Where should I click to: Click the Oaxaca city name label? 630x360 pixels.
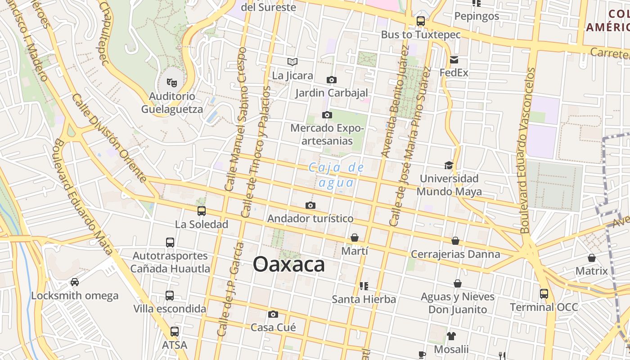(x=288, y=264)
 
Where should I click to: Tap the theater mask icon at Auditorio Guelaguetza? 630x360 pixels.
(x=171, y=82)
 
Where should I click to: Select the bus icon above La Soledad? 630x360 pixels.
(x=201, y=211)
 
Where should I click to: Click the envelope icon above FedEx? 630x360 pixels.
(x=454, y=59)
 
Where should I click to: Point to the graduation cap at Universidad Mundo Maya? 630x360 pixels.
(x=449, y=165)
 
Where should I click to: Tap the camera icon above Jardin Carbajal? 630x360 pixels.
(x=331, y=80)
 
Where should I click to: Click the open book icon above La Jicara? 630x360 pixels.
(x=292, y=62)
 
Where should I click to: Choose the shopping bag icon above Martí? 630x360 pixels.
(x=355, y=238)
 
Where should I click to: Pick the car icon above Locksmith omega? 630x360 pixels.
(x=75, y=282)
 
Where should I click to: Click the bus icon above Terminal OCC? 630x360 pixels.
(x=544, y=294)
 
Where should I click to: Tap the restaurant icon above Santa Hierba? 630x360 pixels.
(x=364, y=286)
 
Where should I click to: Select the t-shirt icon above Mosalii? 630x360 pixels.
(x=451, y=336)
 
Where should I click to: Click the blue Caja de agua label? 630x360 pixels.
(x=336, y=175)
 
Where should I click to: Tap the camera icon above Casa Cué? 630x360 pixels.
(x=273, y=314)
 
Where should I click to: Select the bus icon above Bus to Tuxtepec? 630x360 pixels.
(x=420, y=21)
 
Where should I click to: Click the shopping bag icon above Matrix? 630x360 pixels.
(x=591, y=258)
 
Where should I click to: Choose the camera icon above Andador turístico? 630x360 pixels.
(x=310, y=205)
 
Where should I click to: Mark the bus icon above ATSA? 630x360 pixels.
(x=174, y=332)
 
